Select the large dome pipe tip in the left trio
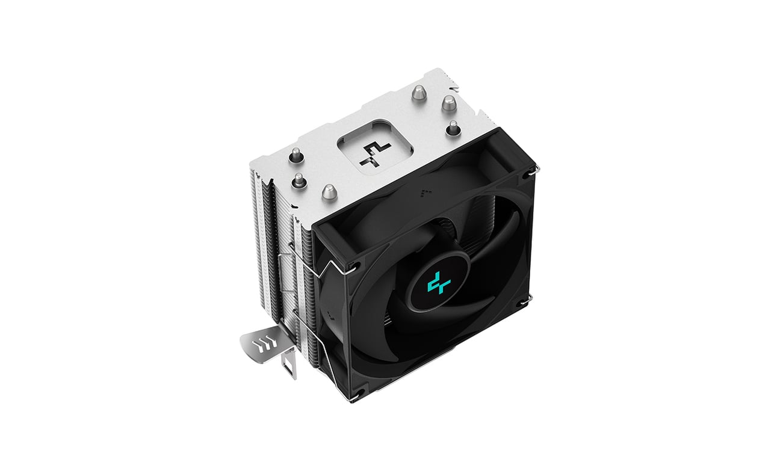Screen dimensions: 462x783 tap(328, 192)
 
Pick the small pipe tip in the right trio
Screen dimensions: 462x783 tap(453, 128)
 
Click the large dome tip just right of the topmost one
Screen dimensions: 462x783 tap(448, 103)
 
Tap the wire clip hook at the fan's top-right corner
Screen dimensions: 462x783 tap(533, 170)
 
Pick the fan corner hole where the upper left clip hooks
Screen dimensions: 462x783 tap(354, 265)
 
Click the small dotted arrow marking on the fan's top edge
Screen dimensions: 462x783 tap(425, 191)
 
